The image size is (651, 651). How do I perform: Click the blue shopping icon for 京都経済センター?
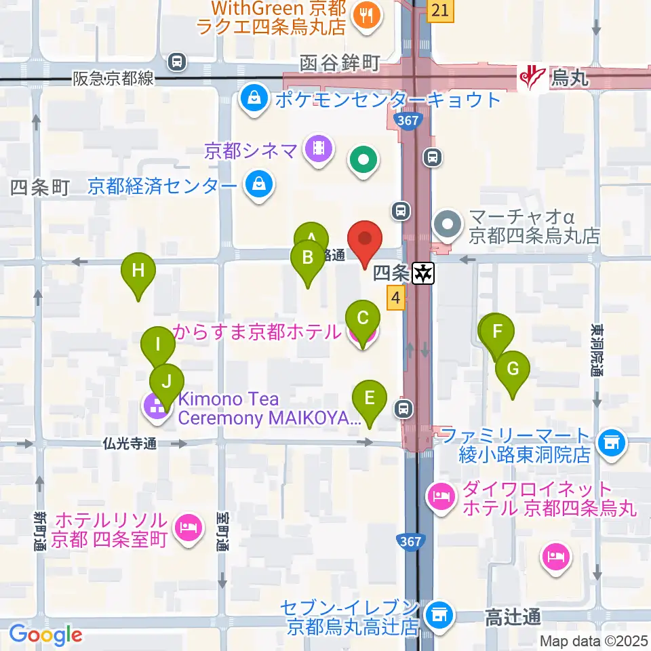(x=258, y=185)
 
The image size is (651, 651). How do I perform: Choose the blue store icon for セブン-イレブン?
(x=438, y=616)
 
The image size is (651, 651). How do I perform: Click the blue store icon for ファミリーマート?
(x=611, y=443)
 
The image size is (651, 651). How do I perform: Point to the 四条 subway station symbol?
(x=425, y=273)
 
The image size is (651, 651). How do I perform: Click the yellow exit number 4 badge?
(x=396, y=298)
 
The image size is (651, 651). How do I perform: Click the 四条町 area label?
(x=40, y=187)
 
